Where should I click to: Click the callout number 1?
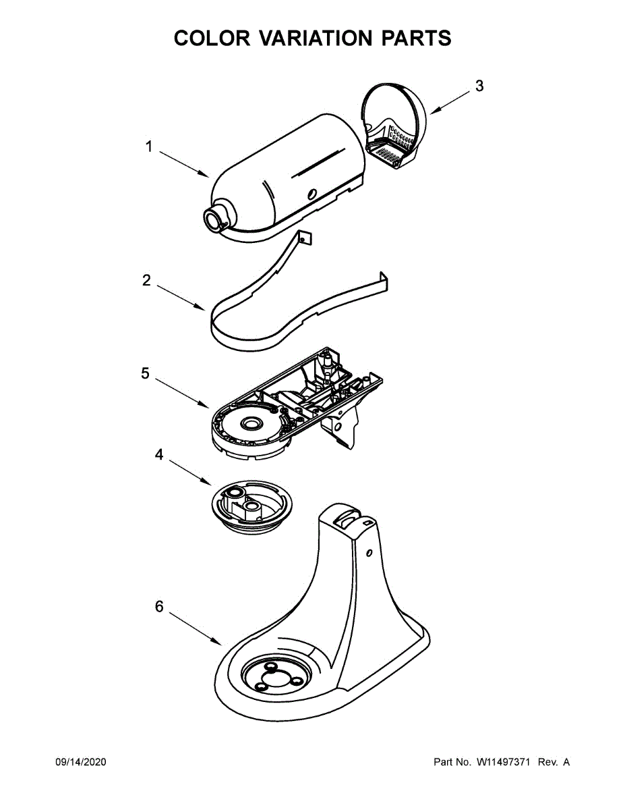coord(149,146)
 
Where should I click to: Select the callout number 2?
coord(147,280)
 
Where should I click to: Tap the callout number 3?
coord(479,86)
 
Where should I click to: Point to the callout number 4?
coord(159,455)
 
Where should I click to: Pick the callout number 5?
coord(146,373)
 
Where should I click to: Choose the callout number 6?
coord(159,607)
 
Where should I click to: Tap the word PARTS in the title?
coord(416,38)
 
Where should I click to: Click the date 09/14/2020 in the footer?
coord(80,762)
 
